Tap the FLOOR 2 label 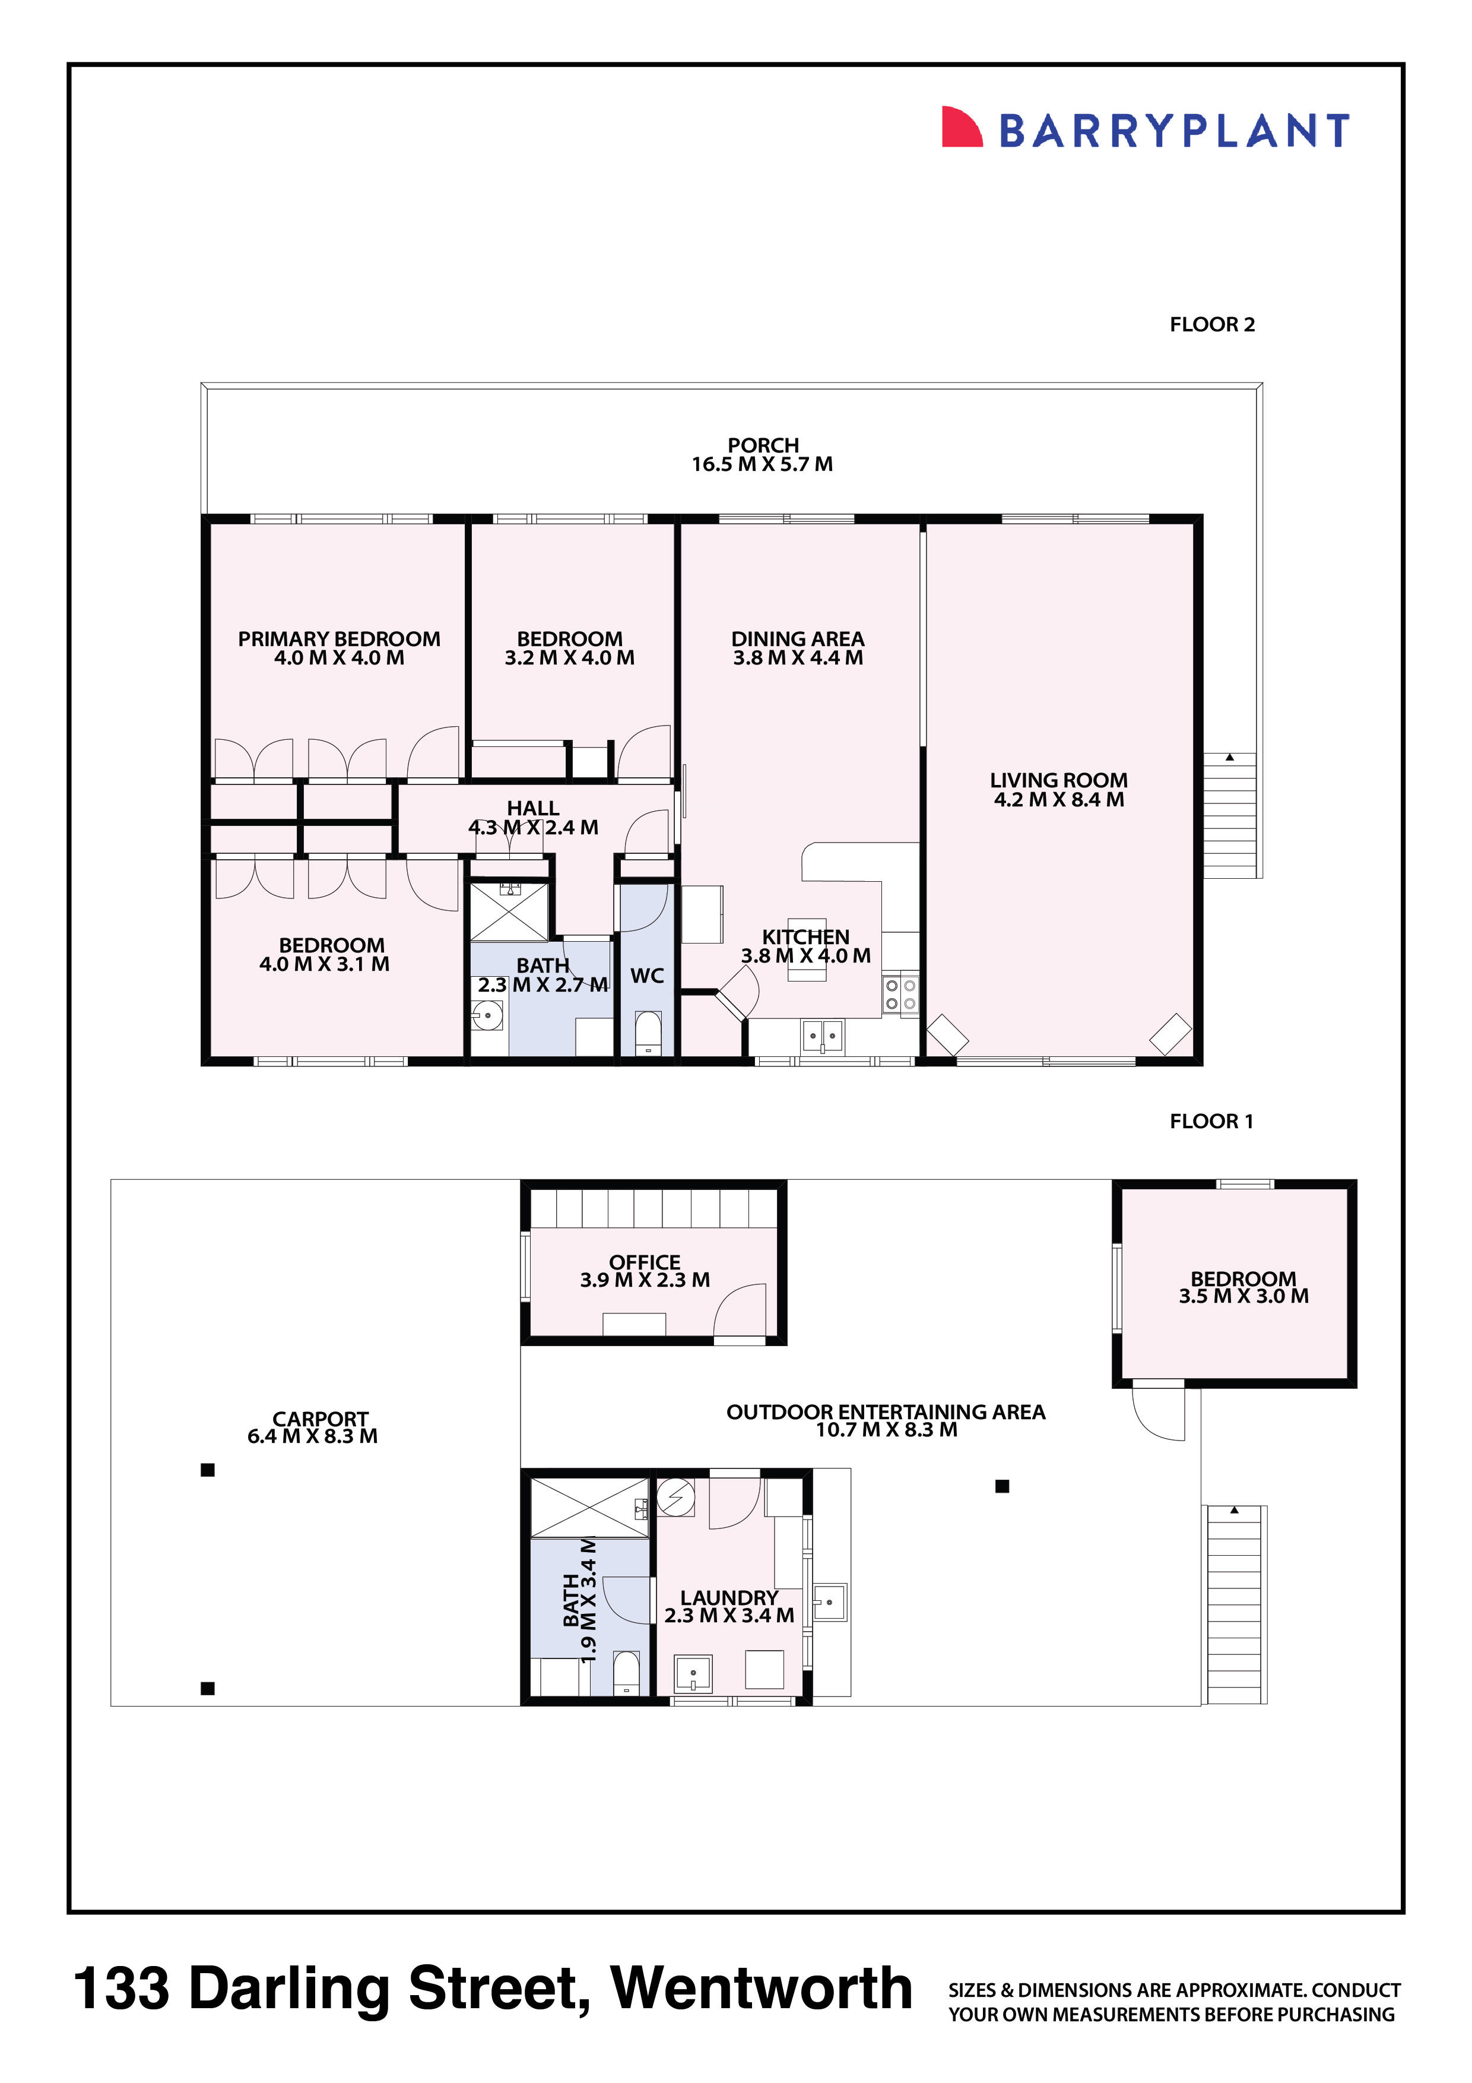click(1211, 325)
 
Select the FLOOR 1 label click(1211, 1121)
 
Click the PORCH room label click(763, 445)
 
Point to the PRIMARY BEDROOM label click(339, 639)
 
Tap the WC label click(646, 976)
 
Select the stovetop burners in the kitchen click(900, 995)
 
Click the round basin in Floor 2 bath click(488, 1016)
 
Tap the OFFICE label click(645, 1262)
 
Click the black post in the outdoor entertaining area click(1002, 1486)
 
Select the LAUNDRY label click(729, 1598)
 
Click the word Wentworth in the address click(762, 1989)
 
